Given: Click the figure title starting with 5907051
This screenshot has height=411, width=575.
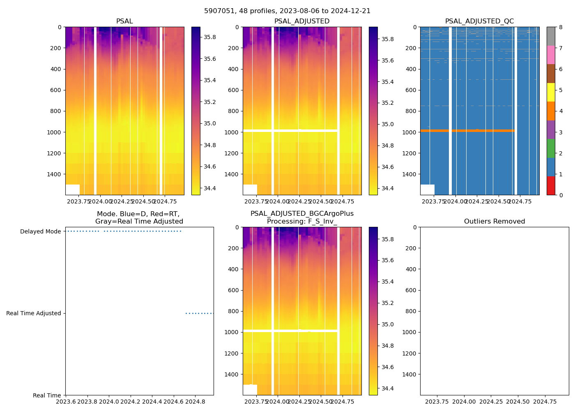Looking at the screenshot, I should tap(287, 11).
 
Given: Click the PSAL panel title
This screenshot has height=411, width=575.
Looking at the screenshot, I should tap(124, 21).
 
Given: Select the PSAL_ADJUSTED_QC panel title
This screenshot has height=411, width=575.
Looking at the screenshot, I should tap(479, 21).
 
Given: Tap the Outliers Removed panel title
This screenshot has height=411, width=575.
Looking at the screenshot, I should tap(494, 222).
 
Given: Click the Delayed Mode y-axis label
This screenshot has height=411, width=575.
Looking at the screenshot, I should tap(40, 231).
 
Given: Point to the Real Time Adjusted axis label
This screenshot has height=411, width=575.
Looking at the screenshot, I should tap(33, 313).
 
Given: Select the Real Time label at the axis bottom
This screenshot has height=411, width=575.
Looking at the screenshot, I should tap(47, 395).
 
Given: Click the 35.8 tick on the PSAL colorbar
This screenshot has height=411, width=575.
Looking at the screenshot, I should tap(210, 37).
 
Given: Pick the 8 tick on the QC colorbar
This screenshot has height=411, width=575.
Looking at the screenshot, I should tap(560, 27).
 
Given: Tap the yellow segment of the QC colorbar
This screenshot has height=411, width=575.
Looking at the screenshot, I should tap(551, 92).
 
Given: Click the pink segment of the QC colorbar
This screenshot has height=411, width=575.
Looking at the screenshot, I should tap(551, 55).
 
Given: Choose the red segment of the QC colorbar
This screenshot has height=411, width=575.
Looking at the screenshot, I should tap(551, 186).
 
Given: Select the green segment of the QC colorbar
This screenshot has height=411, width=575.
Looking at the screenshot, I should tap(551, 148).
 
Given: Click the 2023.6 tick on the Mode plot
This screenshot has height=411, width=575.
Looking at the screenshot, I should tap(66, 402).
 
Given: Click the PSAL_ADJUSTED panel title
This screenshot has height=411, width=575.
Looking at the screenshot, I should tap(302, 21).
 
